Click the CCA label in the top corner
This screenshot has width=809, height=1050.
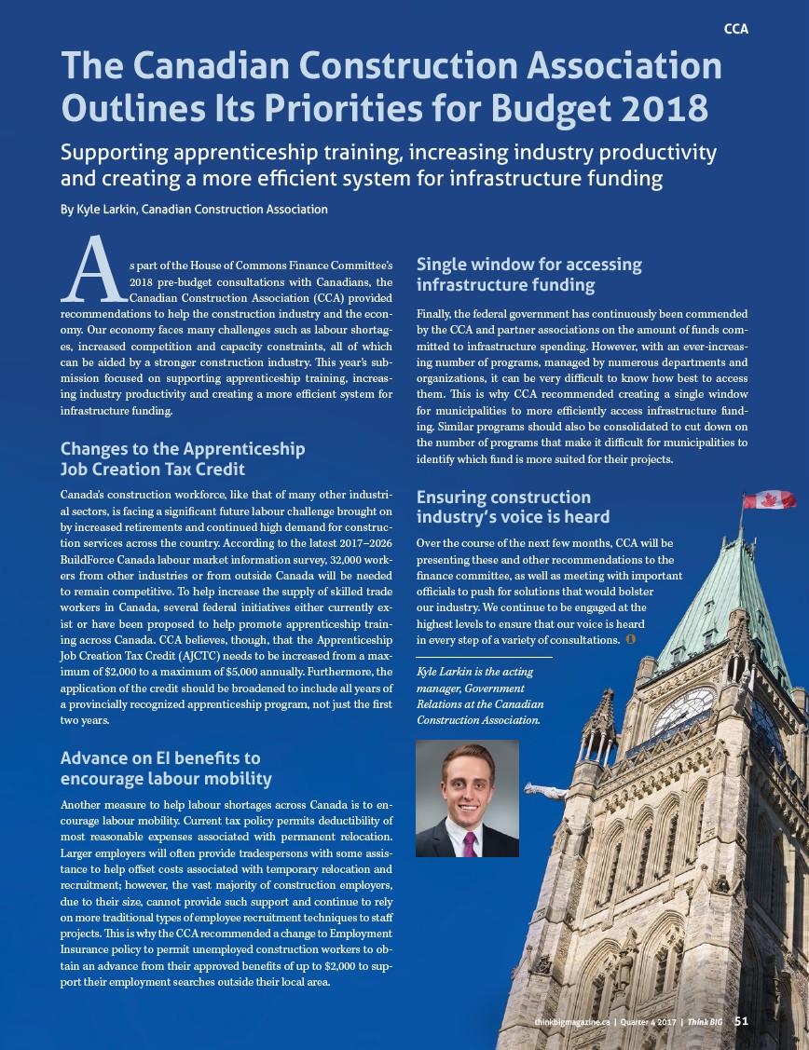coord(735,29)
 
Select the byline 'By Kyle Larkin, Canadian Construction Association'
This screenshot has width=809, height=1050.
coord(194,210)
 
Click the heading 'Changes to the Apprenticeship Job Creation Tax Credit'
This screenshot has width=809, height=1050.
coord(182,458)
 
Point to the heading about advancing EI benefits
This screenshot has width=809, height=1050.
coord(166,769)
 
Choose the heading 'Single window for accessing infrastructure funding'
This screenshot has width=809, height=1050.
coord(528,274)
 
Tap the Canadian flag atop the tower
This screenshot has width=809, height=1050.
coord(770,500)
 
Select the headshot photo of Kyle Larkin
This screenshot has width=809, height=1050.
coord(467,798)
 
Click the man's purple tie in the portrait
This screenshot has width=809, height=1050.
coord(470,842)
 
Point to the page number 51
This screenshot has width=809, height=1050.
coord(741,1021)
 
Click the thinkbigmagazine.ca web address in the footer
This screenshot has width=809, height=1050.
coord(572,1022)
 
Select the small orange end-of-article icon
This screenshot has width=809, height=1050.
coord(631,641)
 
